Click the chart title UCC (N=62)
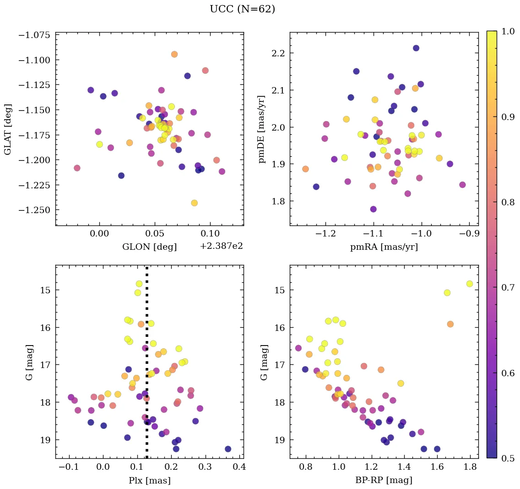coord(242,9)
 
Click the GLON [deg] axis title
coord(149,247)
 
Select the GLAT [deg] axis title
coord(8,129)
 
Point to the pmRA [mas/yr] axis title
coord(384,247)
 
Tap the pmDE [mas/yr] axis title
coord(262,129)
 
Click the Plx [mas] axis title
coord(149,480)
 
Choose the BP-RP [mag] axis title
coord(384,480)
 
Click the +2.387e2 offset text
coord(221,247)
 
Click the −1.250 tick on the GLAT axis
coord(34,209)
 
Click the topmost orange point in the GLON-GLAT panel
coord(174,54)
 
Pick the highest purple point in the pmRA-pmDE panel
coord(416,48)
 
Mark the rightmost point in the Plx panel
coord(228,449)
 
